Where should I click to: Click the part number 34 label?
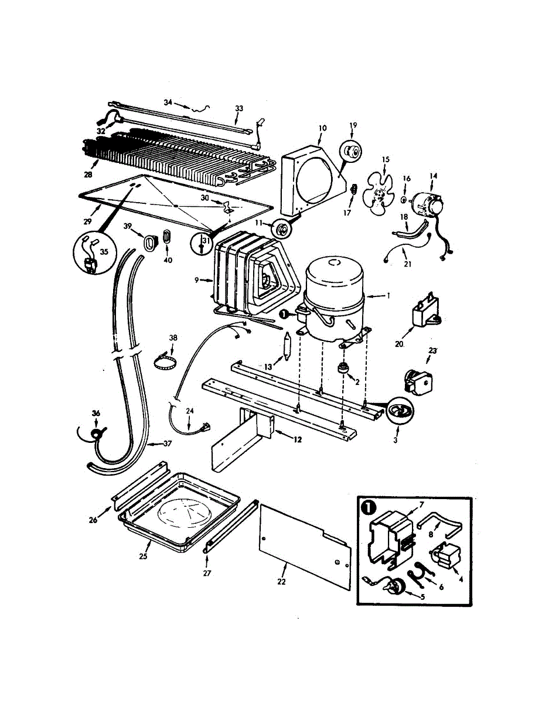coord(168,103)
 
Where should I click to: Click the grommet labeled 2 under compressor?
coord(341,370)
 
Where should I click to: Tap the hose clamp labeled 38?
coord(166,361)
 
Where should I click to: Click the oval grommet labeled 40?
coord(166,237)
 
